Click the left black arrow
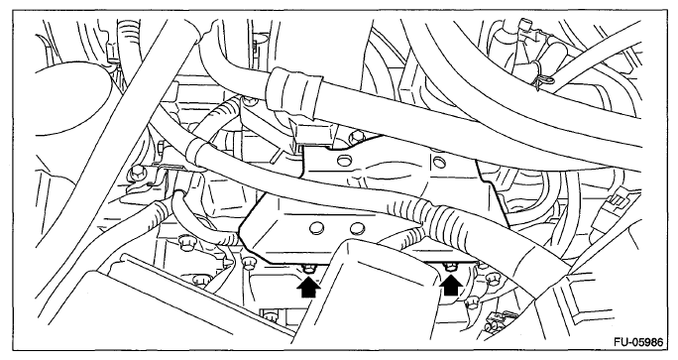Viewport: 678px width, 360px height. (x=308, y=288)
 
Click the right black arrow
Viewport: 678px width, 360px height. (x=451, y=286)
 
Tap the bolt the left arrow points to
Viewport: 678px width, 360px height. (x=308, y=269)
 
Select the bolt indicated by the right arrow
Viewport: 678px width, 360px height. (x=450, y=267)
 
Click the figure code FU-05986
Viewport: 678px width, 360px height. (x=637, y=342)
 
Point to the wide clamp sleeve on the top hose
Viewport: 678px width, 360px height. (x=295, y=91)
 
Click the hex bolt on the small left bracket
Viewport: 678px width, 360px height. (x=137, y=174)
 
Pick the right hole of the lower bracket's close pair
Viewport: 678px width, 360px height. (x=357, y=228)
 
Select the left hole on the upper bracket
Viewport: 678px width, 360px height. (x=343, y=162)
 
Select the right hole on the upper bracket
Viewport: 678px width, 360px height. (x=438, y=163)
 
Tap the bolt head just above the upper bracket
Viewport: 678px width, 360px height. (x=357, y=138)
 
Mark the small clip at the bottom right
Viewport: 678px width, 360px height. (x=495, y=319)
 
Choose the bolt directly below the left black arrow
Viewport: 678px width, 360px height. (x=271, y=315)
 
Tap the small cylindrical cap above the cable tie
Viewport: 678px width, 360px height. (x=526, y=24)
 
